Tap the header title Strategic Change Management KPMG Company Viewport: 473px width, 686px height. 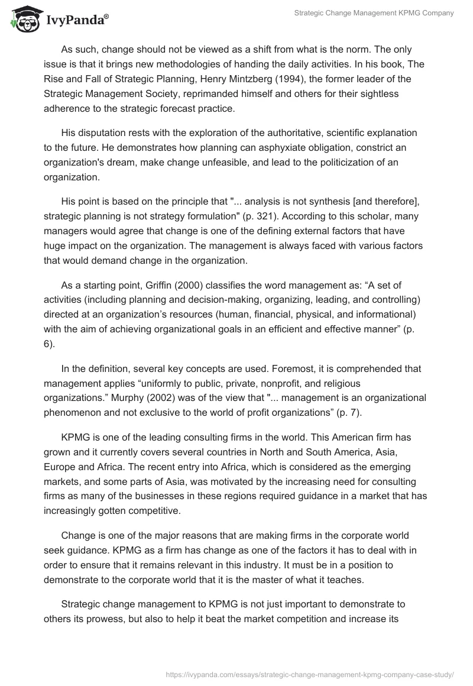tap(374, 13)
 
